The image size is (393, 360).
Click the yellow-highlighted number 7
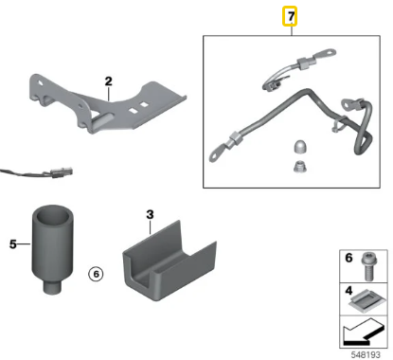(x=290, y=16)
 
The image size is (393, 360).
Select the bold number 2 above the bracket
(x=108, y=81)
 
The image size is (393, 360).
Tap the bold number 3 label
(x=150, y=215)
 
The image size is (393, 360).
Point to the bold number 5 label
(x=13, y=244)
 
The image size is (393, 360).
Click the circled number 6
(x=96, y=274)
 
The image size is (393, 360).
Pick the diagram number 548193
(x=366, y=354)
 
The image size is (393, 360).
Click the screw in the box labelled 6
(x=367, y=266)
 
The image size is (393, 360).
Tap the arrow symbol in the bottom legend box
(x=364, y=332)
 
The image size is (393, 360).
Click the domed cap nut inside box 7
(x=300, y=148)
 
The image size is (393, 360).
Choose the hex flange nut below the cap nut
(x=300, y=167)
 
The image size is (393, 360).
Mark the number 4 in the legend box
(x=348, y=290)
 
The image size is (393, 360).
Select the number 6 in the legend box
(x=348, y=258)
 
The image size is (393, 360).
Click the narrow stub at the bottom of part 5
(x=52, y=287)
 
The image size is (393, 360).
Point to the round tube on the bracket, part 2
(x=101, y=121)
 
